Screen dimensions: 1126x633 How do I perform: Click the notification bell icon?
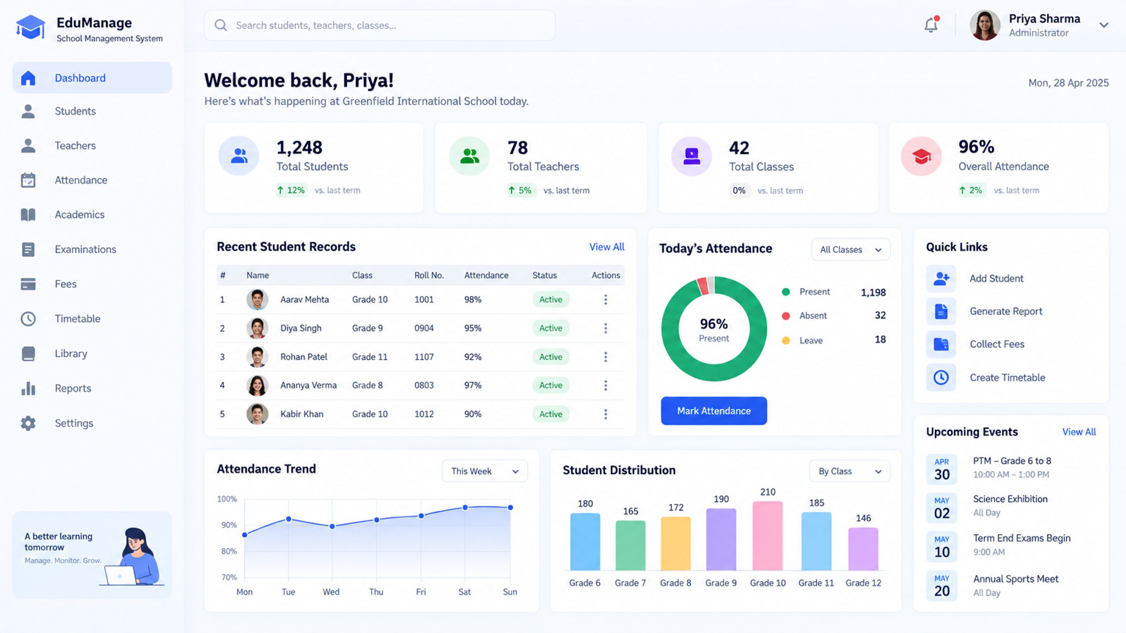[x=931, y=25]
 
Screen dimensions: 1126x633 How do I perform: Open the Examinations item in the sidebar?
[x=85, y=249]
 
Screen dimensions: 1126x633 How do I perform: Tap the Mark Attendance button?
[x=714, y=411]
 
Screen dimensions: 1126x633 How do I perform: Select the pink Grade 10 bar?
[x=768, y=536]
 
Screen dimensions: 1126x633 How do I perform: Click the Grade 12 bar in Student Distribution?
[x=863, y=549]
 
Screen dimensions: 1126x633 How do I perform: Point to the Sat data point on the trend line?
[x=465, y=507]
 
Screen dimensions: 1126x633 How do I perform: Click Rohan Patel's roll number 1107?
[x=424, y=357]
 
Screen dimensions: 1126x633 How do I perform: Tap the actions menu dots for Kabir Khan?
[x=606, y=414]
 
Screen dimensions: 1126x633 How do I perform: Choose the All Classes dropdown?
[x=851, y=249]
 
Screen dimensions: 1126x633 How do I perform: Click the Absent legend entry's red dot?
[x=786, y=316]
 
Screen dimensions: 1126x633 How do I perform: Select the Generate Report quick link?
[x=1006, y=311]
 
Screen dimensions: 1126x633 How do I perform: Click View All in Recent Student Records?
[x=607, y=247]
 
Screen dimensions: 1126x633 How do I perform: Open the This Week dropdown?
[x=485, y=471]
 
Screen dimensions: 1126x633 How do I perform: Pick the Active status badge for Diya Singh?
[x=551, y=328]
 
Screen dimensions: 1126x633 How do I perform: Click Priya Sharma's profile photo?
[x=985, y=25]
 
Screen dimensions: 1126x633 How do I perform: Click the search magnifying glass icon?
[x=220, y=25]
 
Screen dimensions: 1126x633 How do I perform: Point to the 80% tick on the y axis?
[x=229, y=551]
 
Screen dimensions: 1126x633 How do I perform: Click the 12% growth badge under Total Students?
[x=292, y=190]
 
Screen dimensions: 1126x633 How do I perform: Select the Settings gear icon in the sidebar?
[x=28, y=423]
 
